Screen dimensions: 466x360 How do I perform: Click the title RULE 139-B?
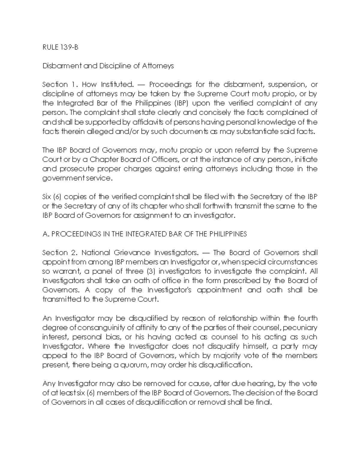point(60,47)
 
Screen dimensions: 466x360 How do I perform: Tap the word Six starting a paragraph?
point(47,197)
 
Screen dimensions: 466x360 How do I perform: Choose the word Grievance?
point(130,253)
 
